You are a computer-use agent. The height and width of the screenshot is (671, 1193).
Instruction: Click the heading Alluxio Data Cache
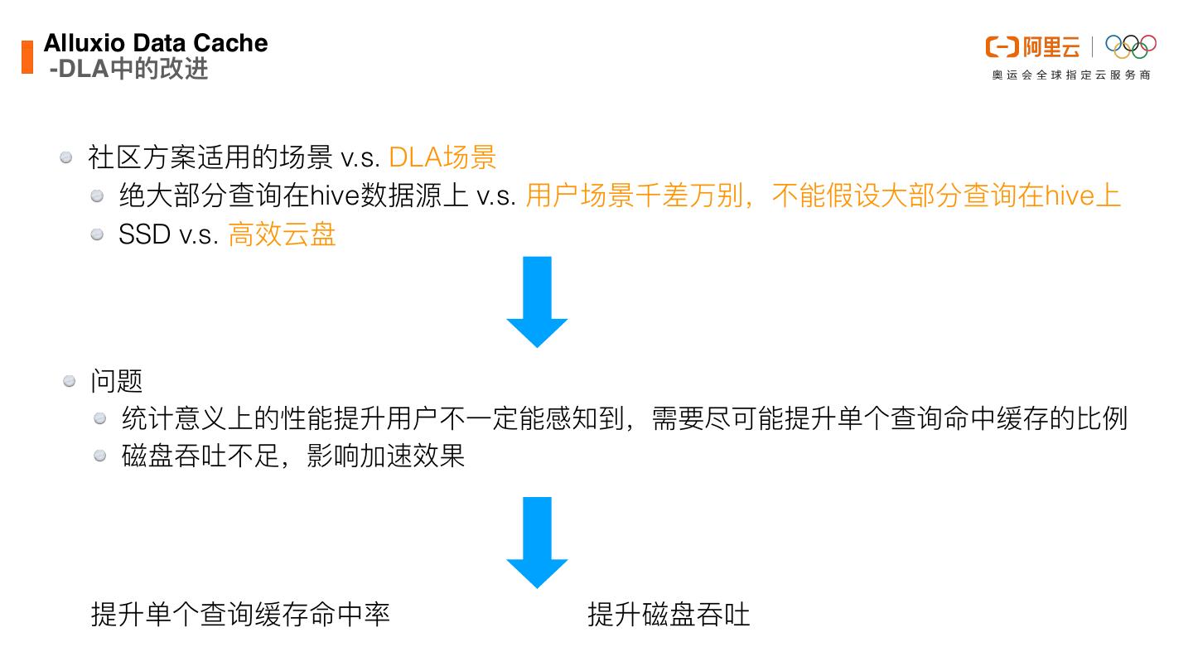(x=156, y=43)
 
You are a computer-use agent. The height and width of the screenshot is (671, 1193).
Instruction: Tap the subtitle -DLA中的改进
(x=128, y=69)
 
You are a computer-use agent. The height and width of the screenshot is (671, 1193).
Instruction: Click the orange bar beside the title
(x=27, y=56)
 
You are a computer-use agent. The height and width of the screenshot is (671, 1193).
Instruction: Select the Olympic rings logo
(x=1130, y=46)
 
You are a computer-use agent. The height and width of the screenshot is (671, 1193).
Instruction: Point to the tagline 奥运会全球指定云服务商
(x=1071, y=75)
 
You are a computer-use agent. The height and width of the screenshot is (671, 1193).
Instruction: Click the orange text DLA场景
(x=442, y=157)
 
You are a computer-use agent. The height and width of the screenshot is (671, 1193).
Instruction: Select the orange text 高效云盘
(x=282, y=235)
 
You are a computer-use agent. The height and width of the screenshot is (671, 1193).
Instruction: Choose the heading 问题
(x=117, y=381)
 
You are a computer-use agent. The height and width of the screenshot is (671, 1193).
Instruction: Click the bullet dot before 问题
(x=70, y=381)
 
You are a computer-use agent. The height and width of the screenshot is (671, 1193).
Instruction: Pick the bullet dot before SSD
(x=98, y=235)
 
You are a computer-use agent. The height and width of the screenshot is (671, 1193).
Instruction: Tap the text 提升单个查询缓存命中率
(x=240, y=615)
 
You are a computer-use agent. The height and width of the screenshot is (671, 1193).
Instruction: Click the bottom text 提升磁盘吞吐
(x=669, y=615)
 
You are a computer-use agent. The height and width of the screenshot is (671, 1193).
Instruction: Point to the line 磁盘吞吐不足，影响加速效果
(x=293, y=456)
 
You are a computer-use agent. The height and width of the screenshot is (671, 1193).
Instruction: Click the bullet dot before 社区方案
(x=67, y=157)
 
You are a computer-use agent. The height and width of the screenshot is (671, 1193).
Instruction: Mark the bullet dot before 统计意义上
(x=100, y=418)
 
